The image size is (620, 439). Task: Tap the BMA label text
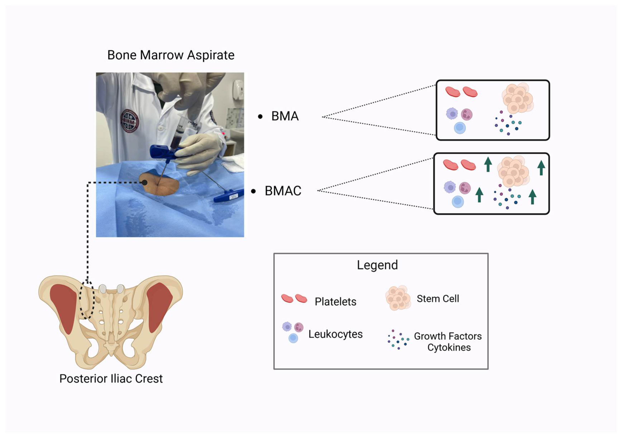(x=285, y=116)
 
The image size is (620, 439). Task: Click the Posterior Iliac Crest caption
(x=111, y=378)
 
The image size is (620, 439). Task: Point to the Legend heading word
(x=377, y=265)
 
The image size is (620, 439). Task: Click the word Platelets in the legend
(x=335, y=301)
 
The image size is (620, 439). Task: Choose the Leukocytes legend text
(x=335, y=334)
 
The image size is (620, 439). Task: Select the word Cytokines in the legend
(x=449, y=347)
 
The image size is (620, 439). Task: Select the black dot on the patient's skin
(x=145, y=183)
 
